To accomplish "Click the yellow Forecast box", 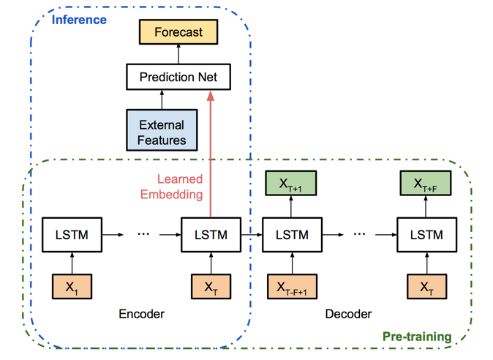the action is pos(178,32).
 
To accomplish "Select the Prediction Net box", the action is pos(178,77).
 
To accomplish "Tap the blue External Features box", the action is pos(162,130).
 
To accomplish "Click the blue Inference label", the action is pos(79,20).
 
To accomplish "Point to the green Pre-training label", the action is pos(417,337).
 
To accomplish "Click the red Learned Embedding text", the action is pos(172,187).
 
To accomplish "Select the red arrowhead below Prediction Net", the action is pos(211,96).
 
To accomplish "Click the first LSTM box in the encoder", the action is pos(72,235).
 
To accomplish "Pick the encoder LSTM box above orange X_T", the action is pos(211,235).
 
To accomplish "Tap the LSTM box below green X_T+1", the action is pos(293,235).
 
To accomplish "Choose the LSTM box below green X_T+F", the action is pos(427,235).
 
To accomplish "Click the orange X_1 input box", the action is pos(72,286).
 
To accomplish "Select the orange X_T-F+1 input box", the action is pos(293,286).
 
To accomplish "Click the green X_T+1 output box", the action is pos(291,184).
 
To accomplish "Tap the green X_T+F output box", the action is pos(426,184).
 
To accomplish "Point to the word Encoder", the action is pos(141,314).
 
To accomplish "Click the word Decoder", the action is pos(348,314).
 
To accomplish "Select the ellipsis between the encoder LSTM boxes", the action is pos(143,234).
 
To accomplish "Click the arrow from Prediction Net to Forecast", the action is pos(178,54).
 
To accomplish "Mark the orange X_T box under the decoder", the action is pos(427,286).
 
